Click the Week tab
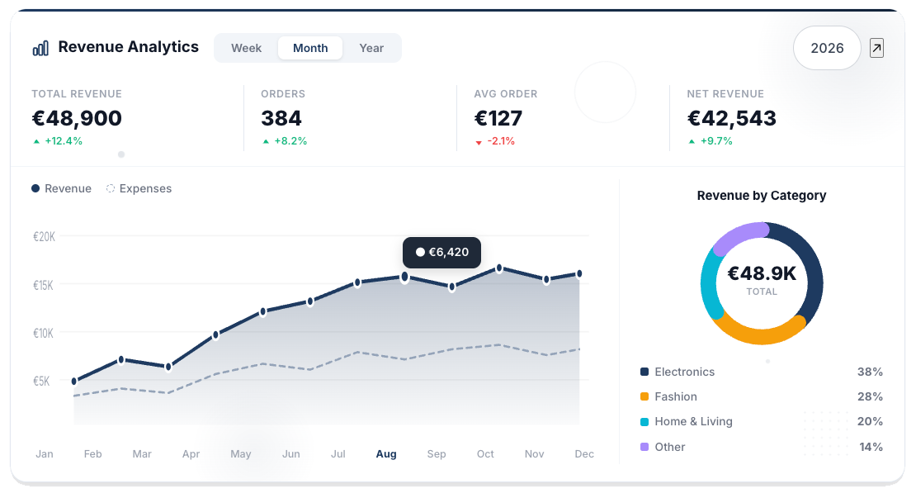(x=246, y=48)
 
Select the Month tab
(x=310, y=48)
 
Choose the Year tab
(x=371, y=48)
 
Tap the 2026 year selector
(x=827, y=48)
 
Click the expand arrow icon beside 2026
(x=876, y=48)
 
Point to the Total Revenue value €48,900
(x=77, y=118)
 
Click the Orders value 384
(x=281, y=118)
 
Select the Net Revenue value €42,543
(x=731, y=118)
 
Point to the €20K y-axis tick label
(x=44, y=236)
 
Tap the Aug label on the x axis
(x=386, y=454)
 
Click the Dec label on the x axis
(x=584, y=454)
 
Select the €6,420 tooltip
(x=441, y=252)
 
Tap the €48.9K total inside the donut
(x=762, y=274)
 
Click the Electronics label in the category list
(x=684, y=372)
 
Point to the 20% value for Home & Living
(x=870, y=421)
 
